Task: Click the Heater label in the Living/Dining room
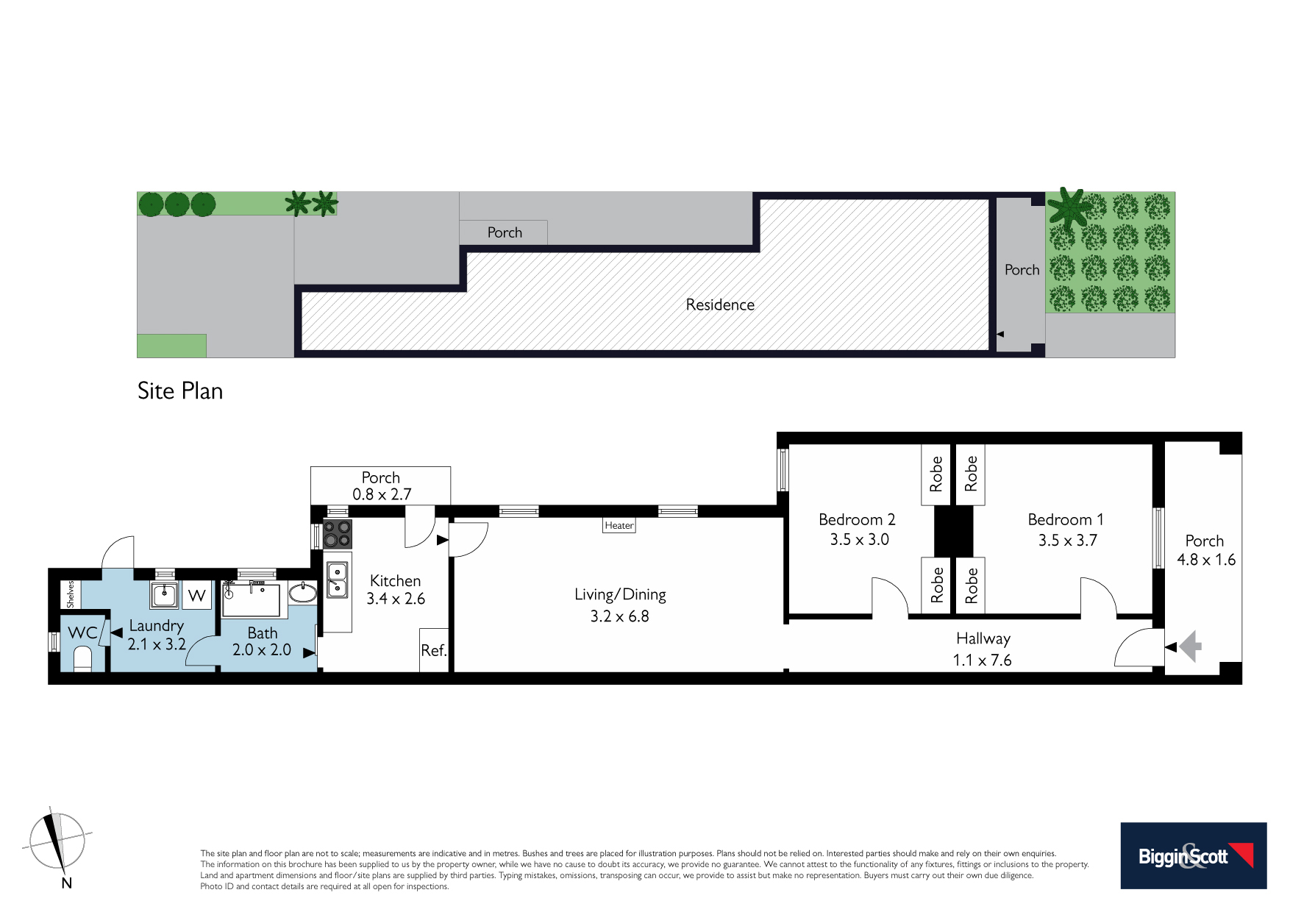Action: point(619,525)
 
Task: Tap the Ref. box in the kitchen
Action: point(434,649)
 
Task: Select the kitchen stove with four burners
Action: point(338,534)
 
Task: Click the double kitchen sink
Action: point(337,579)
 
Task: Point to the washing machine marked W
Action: point(196,595)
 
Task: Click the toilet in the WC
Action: point(82,659)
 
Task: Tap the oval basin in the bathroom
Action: point(302,592)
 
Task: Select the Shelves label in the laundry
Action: point(71,594)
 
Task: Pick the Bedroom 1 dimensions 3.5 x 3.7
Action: point(1067,541)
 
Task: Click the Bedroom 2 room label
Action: point(857,519)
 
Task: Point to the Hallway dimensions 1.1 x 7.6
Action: point(982,660)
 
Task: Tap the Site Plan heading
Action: point(180,391)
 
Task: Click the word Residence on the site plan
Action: point(720,304)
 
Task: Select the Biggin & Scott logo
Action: point(1193,855)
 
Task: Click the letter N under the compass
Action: point(66,883)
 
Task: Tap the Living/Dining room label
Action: point(620,594)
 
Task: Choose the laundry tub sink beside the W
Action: point(165,594)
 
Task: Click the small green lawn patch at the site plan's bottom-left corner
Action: point(171,346)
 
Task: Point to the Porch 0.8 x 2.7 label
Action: point(381,486)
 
